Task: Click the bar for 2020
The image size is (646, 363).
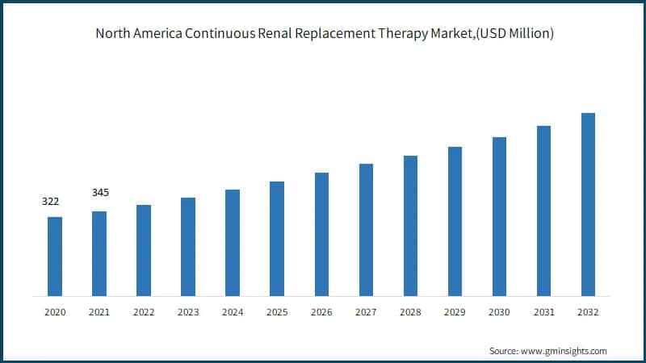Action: pyautogui.click(x=55, y=256)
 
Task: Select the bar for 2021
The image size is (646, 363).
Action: pyautogui.click(x=99, y=253)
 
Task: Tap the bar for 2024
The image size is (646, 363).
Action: pyautogui.click(x=233, y=242)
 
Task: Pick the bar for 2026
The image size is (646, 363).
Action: pyautogui.click(x=321, y=234)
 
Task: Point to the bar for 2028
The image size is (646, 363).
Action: pyautogui.click(x=410, y=225)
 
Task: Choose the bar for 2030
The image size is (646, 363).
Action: pyautogui.click(x=499, y=216)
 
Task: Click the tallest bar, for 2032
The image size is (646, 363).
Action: pyautogui.click(x=588, y=204)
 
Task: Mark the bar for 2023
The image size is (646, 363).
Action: pyautogui.click(x=188, y=246)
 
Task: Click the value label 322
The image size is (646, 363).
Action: pyautogui.click(x=51, y=201)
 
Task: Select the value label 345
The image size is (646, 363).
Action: pyautogui.click(x=101, y=193)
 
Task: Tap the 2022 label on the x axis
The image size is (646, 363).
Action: pyautogui.click(x=144, y=311)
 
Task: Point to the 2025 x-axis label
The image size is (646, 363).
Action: pyautogui.click(x=277, y=311)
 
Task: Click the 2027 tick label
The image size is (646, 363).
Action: pyautogui.click(x=366, y=311)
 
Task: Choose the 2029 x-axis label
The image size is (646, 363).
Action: pyautogui.click(x=455, y=311)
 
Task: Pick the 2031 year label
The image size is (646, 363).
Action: pyautogui.click(x=543, y=311)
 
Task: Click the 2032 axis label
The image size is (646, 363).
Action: pyautogui.click(x=588, y=311)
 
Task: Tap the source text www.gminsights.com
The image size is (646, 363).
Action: pyautogui.click(x=566, y=351)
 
